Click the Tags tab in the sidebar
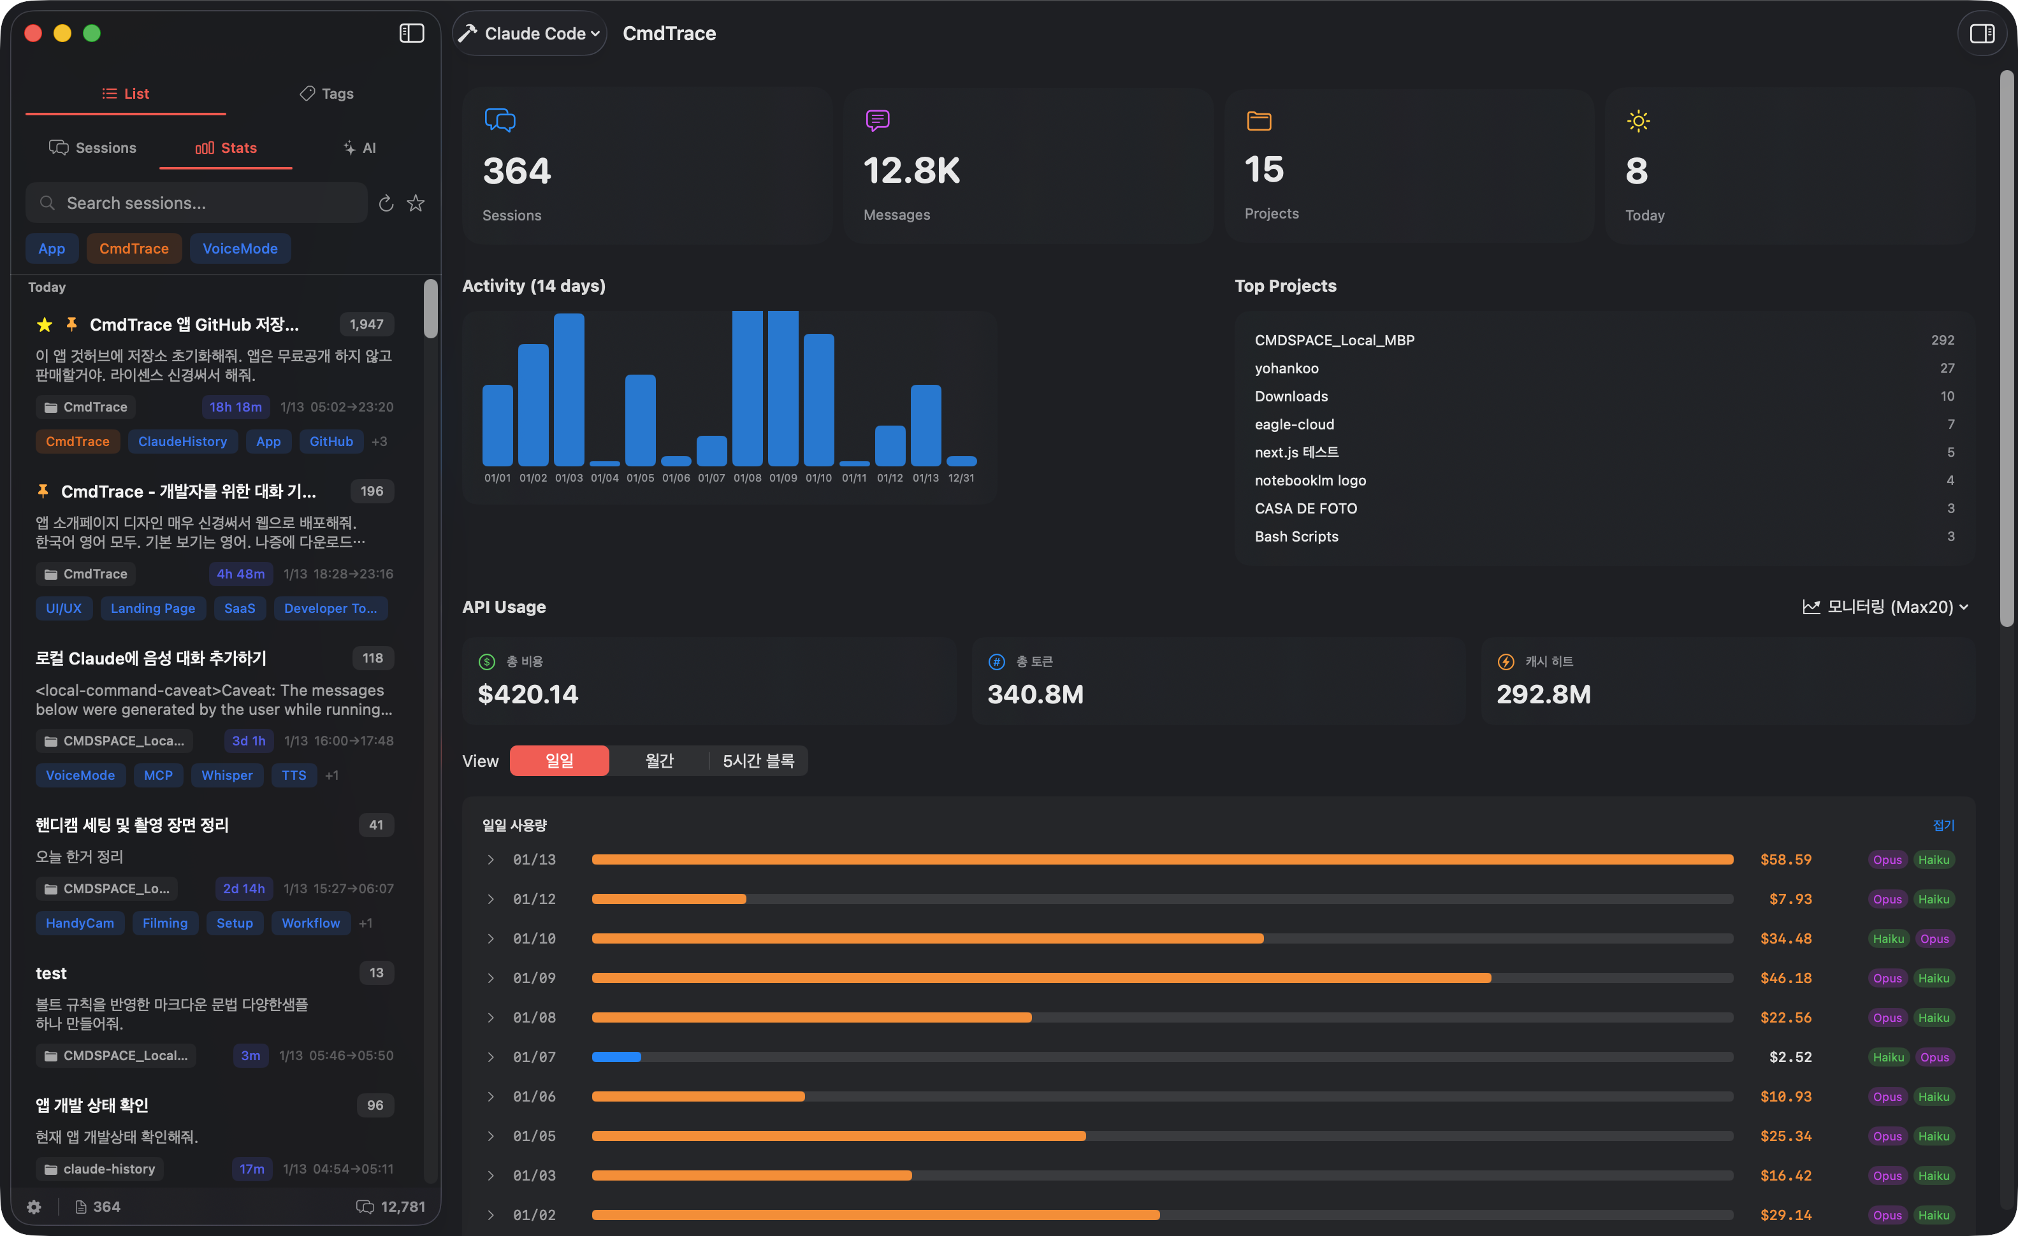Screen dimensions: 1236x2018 click(327, 93)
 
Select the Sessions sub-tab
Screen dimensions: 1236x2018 click(92, 147)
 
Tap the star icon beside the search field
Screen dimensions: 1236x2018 click(416, 203)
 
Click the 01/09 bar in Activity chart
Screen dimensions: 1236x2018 click(782, 388)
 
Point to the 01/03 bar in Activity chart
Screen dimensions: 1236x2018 click(569, 390)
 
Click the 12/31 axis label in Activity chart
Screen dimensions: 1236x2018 click(961, 478)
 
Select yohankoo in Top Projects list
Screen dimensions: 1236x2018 click(1286, 368)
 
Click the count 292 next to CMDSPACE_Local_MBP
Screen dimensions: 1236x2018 click(1942, 340)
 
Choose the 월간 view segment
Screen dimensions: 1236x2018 click(658, 761)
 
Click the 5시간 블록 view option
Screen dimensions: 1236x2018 click(758, 761)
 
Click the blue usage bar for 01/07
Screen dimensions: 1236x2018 click(616, 1057)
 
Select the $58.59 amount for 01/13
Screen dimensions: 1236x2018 click(1785, 859)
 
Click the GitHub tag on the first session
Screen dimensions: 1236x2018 click(331, 441)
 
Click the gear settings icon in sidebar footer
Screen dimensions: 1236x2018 click(34, 1207)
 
